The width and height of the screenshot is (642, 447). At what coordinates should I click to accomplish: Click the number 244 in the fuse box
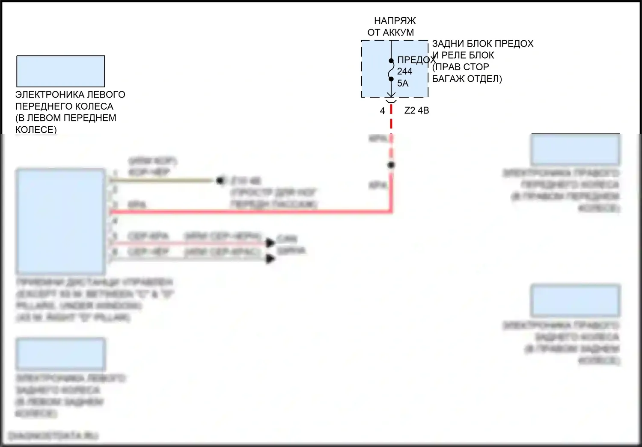404,72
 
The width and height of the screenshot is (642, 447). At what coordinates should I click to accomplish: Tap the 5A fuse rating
403,83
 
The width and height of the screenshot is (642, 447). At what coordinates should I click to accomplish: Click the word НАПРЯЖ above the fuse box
395,21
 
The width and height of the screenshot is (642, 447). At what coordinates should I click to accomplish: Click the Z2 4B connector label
416,110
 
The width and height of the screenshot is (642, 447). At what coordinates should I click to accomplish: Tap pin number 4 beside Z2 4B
382,111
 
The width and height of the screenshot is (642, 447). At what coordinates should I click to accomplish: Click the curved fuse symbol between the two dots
391,70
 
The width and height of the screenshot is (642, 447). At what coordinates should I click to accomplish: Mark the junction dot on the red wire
391,165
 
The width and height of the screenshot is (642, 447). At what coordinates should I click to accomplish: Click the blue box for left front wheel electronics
60,71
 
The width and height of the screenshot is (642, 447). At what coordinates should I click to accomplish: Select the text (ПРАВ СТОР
460,67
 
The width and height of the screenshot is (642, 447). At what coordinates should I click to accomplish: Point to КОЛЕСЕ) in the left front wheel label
36,129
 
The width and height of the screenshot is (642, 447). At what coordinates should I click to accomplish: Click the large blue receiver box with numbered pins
60,221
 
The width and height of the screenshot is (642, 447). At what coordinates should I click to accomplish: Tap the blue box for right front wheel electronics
575,149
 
